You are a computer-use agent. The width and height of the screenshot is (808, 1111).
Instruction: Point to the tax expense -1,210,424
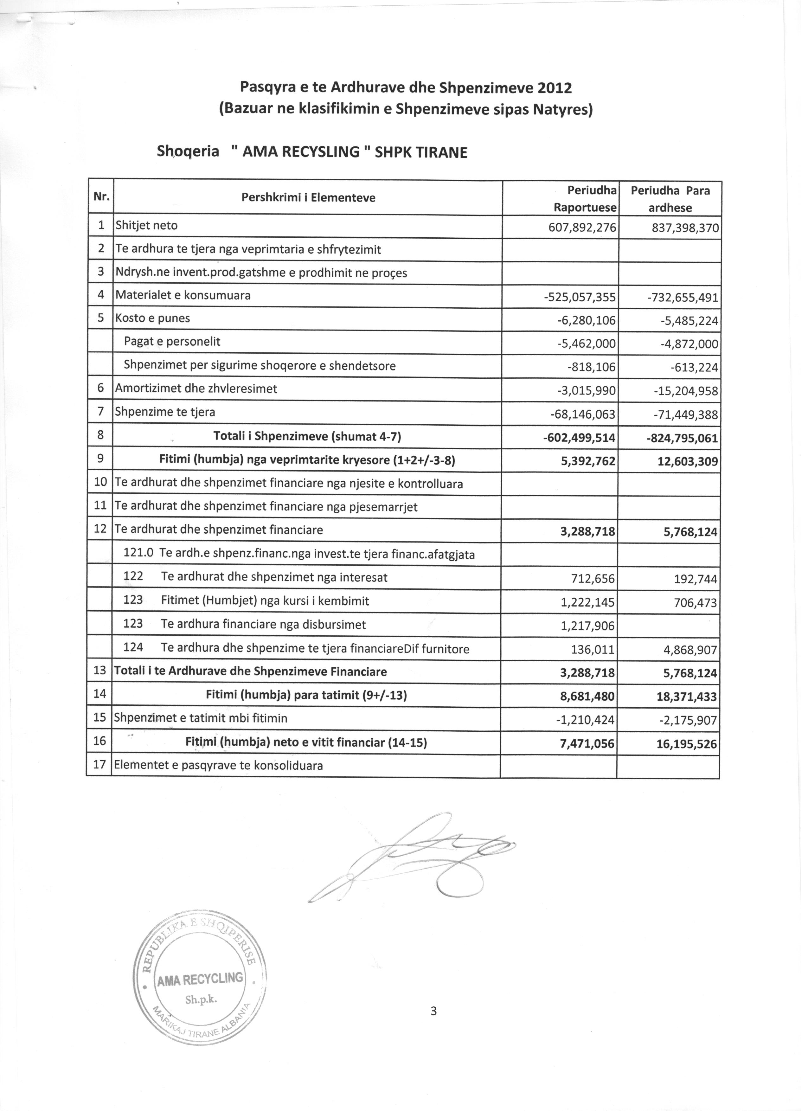(587, 720)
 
